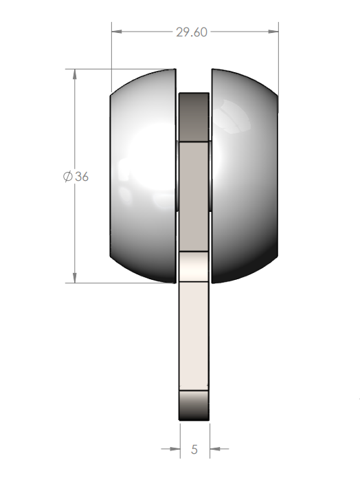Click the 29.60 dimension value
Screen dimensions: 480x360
(x=192, y=32)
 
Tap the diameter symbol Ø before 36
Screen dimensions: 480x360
(x=67, y=176)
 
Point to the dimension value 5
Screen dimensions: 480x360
(x=194, y=450)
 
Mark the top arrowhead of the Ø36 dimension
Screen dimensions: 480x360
(x=74, y=74)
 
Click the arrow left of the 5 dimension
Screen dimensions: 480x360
(x=172, y=450)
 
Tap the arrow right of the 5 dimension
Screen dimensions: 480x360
(x=216, y=450)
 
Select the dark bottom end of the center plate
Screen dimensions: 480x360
(x=194, y=406)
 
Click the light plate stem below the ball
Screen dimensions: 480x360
(x=194, y=337)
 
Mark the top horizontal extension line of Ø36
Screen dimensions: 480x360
(x=117, y=69)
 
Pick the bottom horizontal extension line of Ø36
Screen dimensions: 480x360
(x=117, y=283)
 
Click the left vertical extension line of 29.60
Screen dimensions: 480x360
(x=111, y=55)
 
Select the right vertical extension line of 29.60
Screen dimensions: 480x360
(x=278, y=55)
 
